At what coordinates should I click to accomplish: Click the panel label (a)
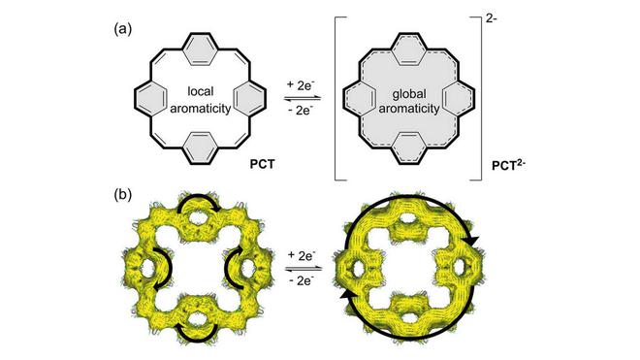123,30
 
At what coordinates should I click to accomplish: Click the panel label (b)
123,195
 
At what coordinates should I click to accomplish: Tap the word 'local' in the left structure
200,91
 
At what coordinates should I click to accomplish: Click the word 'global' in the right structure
409,95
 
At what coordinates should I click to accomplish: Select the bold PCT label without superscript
262,164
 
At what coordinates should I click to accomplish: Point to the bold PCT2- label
508,165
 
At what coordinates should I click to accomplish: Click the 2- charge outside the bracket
492,19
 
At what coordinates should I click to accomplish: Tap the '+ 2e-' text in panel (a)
302,85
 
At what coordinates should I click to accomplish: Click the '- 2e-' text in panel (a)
302,110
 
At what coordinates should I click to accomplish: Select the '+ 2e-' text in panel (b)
302,256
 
